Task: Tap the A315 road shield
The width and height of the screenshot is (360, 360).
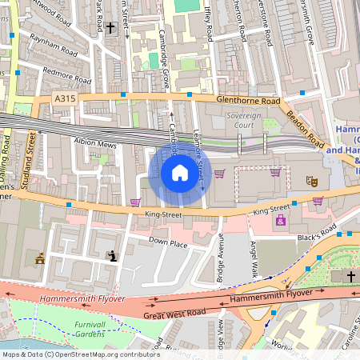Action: coord(67,98)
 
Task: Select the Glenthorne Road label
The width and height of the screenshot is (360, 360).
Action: coord(249,102)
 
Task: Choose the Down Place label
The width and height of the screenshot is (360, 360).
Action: coord(168,241)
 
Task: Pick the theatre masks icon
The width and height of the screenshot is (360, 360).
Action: coord(312,182)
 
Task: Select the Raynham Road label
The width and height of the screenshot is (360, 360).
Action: coord(51,38)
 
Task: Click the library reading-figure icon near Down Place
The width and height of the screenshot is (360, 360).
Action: coord(112,256)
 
